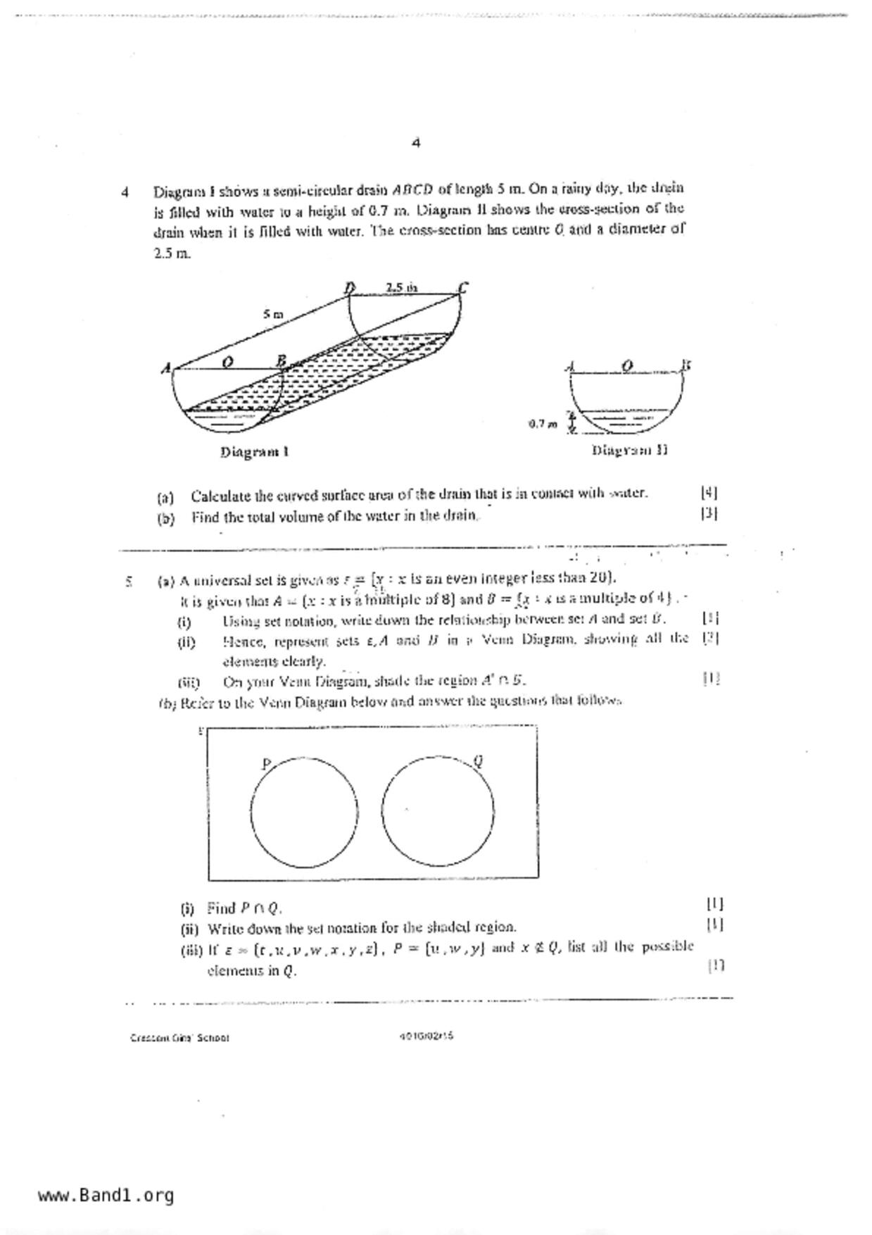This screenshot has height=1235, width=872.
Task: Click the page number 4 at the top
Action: point(416,143)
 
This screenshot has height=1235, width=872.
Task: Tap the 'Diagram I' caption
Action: point(254,452)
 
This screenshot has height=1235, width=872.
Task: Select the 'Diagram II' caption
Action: point(629,450)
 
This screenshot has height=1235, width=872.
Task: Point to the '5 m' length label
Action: point(273,314)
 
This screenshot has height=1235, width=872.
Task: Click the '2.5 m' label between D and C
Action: point(401,287)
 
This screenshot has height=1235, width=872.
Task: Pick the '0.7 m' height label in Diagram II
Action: point(543,424)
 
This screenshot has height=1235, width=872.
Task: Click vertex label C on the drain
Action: point(463,287)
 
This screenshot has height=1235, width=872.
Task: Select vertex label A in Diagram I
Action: point(166,368)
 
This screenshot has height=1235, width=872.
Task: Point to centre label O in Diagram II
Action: point(627,365)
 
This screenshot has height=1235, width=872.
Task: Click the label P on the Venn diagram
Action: point(266,763)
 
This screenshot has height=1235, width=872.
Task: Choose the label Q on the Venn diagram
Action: point(479,760)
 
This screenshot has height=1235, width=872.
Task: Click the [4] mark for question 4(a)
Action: point(709,493)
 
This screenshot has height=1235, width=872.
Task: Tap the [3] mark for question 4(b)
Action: point(709,513)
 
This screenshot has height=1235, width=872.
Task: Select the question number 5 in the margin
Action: point(128,582)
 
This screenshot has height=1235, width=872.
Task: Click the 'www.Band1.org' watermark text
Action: point(106,1195)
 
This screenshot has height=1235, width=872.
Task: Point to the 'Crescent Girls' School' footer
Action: point(179,1038)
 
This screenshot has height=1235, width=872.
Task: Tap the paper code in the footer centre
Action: point(426,1036)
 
